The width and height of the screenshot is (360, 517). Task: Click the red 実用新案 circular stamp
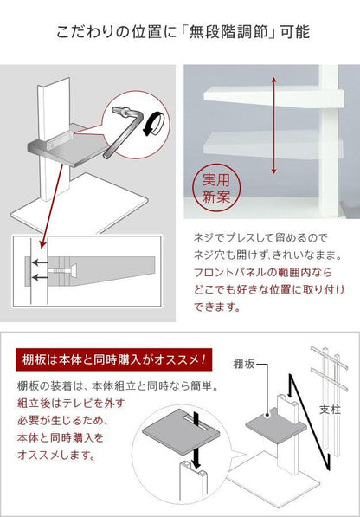[x=216, y=189]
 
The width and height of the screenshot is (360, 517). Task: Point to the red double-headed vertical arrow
[x=273, y=126]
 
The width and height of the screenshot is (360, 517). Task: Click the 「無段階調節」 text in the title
[x=228, y=32]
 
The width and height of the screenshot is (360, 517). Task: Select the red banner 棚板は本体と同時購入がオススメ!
[x=114, y=359]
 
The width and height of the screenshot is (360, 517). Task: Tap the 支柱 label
[x=330, y=410]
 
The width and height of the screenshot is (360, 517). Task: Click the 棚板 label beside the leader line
[x=244, y=364]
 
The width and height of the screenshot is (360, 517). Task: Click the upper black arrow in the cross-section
[x=40, y=262]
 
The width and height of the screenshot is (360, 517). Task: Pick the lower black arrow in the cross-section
[x=40, y=278]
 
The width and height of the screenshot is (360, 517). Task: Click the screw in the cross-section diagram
[x=62, y=270]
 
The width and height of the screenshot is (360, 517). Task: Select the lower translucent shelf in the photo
[x=273, y=145]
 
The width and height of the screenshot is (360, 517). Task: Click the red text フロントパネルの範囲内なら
[x=262, y=272]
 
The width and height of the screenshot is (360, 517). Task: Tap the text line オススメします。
[x=56, y=456]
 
